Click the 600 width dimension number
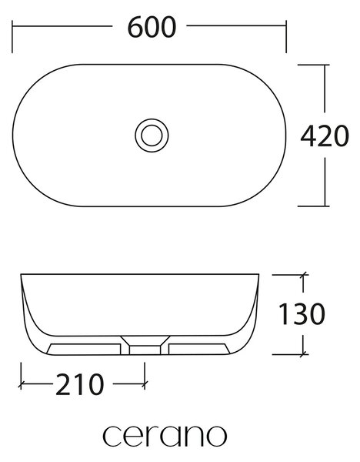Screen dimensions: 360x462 (x=152, y=27)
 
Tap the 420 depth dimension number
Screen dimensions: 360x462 (x=325, y=136)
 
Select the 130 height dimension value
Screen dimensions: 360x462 (x=302, y=314)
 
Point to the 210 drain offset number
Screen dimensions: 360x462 (x=80, y=384)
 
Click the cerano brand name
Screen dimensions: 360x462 (x=165, y=436)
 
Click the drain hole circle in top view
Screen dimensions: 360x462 (x=152, y=136)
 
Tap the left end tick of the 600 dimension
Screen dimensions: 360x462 (x=12, y=37)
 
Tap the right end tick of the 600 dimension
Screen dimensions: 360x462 (x=286, y=37)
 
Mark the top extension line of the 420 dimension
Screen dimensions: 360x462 (x=314, y=65)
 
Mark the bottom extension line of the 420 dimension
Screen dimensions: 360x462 (x=314, y=206)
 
